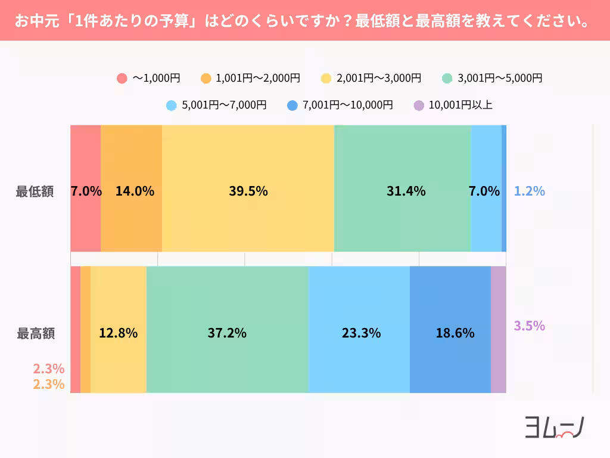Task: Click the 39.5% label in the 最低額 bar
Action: click(248, 191)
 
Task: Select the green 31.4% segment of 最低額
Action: click(403, 191)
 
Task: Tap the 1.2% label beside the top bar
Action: click(530, 191)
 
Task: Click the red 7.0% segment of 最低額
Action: click(85, 191)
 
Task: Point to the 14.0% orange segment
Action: click(132, 191)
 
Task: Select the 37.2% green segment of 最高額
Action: click(227, 333)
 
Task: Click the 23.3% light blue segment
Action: click(359, 333)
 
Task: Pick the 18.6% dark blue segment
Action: click(450, 333)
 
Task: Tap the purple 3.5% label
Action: click(530, 326)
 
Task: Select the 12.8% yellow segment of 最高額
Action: click(118, 333)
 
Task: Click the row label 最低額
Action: click(35, 192)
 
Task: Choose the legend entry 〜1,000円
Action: click(149, 78)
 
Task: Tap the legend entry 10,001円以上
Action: click(453, 106)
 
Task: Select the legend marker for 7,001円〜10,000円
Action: click(292, 106)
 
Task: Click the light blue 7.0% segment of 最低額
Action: click(485, 191)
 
